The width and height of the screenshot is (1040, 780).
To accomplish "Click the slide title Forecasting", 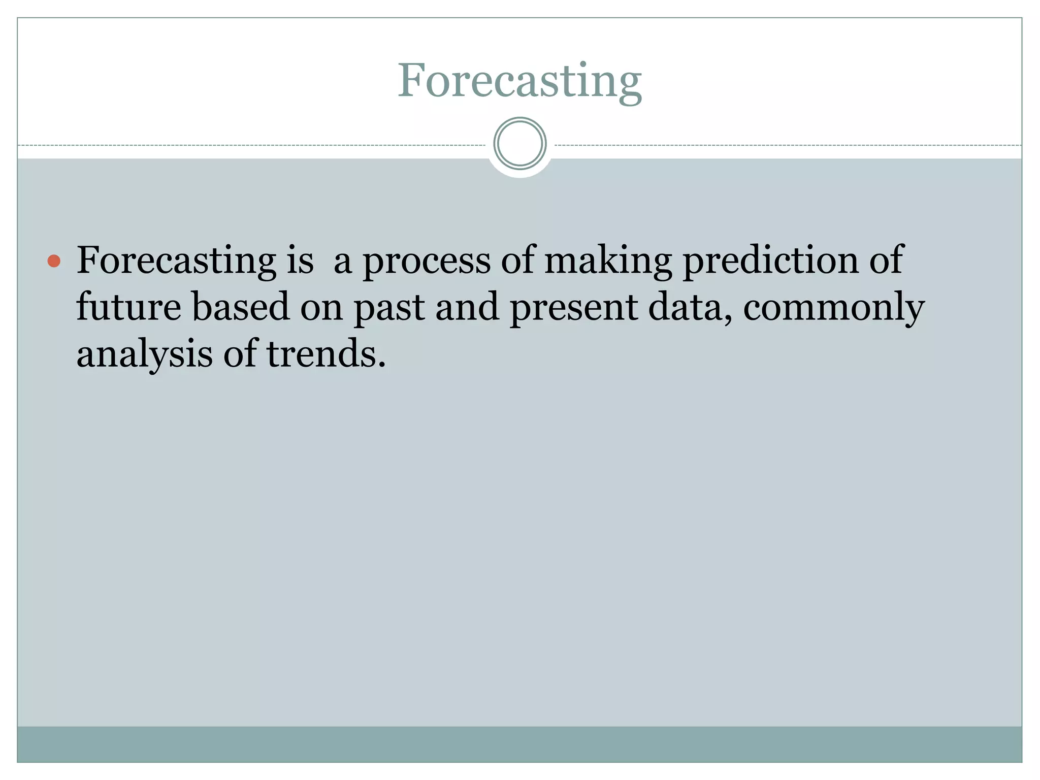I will (x=519, y=81).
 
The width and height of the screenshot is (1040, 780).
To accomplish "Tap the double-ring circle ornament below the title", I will (x=519, y=144).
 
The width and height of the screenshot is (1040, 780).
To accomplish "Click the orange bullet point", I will (x=54, y=262).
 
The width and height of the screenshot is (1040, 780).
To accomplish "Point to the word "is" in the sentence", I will (x=300, y=260).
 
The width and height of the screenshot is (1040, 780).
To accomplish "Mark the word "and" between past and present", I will (x=467, y=307).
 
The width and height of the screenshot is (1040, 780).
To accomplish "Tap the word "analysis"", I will (x=144, y=354).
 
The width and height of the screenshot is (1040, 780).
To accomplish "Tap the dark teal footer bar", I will (x=519, y=744).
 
